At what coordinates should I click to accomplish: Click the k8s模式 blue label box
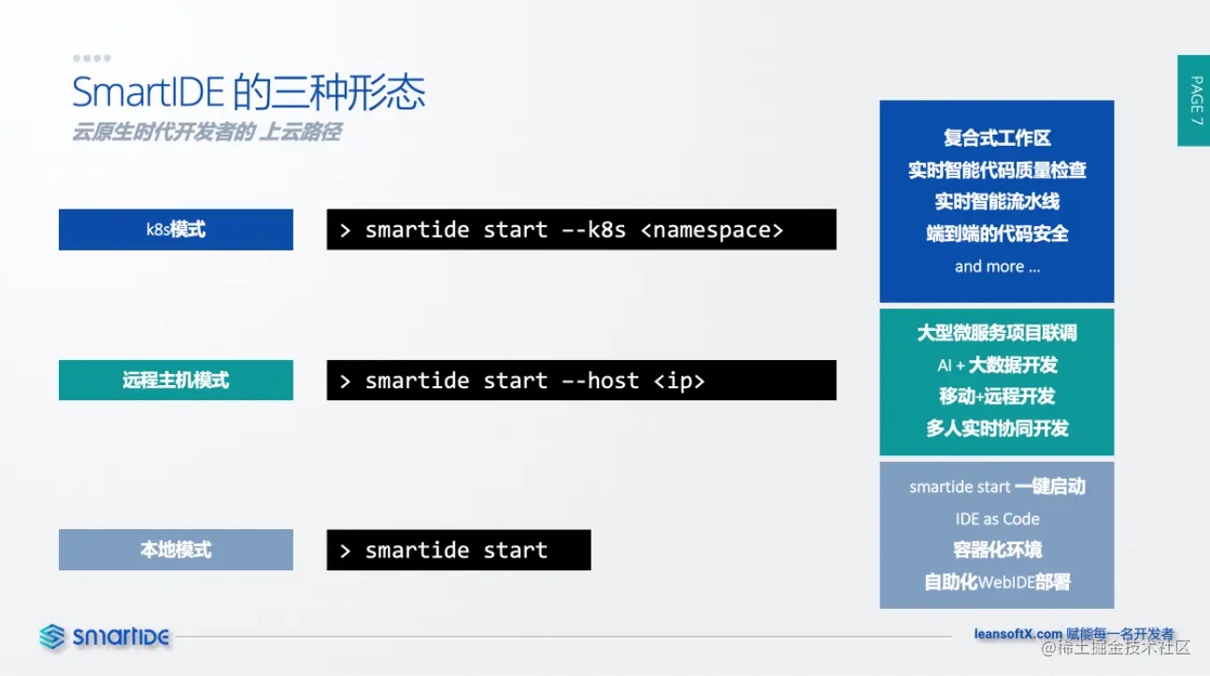tap(176, 230)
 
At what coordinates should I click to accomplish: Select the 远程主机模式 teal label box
tap(176, 381)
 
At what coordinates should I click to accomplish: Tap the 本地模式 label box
tap(176, 550)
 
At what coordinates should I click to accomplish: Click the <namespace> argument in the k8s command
tap(712, 230)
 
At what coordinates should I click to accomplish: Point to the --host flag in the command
tap(601, 381)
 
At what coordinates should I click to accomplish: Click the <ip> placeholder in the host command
tap(679, 381)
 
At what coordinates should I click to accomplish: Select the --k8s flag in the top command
tap(593, 230)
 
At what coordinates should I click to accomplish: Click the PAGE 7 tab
tap(1194, 100)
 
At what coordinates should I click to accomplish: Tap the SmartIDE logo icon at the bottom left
tap(52, 637)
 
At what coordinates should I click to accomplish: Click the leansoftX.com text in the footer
tap(1018, 634)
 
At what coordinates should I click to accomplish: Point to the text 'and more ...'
tap(997, 266)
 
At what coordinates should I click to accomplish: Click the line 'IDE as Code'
tap(997, 519)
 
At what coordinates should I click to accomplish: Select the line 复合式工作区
tap(997, 137)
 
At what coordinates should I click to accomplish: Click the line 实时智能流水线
tap(997, 202)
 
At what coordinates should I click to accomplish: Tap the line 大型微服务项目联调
tap(997, 333)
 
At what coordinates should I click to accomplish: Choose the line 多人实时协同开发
tap(997, 428)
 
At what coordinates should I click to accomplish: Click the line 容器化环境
tap(997, 550)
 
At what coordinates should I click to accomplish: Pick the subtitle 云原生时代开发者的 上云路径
tap(206, 132)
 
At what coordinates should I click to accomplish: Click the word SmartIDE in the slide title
tap(148, 93)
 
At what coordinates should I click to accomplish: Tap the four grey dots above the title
tap(92, 58)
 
